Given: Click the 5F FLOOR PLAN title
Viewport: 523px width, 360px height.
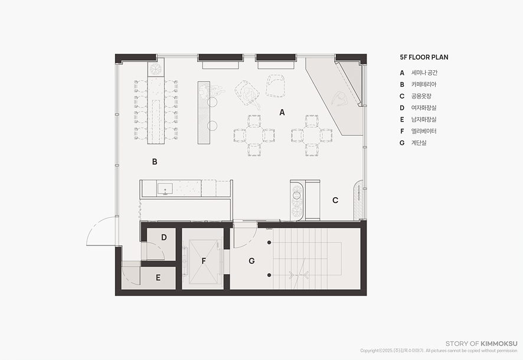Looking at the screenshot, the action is click(x=424, y=57).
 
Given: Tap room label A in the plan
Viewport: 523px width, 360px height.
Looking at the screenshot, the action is click(x=282, y=113).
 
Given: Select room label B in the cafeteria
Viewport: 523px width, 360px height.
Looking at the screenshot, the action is click(x=155, y=162).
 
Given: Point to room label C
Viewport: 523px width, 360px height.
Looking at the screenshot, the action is click(x=335, y=200).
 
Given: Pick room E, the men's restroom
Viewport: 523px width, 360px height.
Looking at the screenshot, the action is click(x=158, y=277).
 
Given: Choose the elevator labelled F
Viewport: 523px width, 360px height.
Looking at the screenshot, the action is click(x=204, y=261).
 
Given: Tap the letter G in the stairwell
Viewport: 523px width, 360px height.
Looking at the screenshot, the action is click(x=252, y=261).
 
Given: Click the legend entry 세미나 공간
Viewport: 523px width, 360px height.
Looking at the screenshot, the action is click(x=424, y=73).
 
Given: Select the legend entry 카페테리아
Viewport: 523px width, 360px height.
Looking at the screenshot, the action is click(x=424, y=84).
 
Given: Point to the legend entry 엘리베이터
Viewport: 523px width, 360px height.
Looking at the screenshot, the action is click(x=424, y=131).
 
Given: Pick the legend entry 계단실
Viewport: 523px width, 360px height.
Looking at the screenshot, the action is click(x=419, y=143).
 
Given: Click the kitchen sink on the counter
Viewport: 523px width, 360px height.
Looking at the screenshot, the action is click(x=165, y=189).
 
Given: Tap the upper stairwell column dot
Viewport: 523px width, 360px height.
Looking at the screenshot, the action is click(x=269, y=243).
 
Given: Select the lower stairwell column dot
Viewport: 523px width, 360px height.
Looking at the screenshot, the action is click(x=269, y=275).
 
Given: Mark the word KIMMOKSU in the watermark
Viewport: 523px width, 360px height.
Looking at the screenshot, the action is click(x=499, y=343).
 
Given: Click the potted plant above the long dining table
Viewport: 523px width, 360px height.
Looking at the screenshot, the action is click(x=156, y=68).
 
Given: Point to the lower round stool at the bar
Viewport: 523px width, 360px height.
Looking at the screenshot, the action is click(x=212, y=126).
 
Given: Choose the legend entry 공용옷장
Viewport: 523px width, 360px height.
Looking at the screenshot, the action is click(x=421, y=96).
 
